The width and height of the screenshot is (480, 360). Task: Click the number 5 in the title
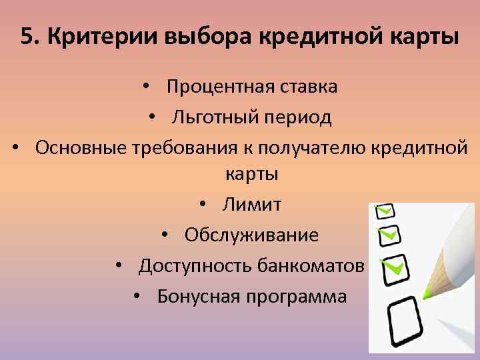coord(26,36)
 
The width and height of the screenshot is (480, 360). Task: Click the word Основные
coord(81,147)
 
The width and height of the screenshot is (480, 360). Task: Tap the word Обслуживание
coord(251,235)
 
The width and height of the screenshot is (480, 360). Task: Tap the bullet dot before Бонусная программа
coord(136,297)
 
